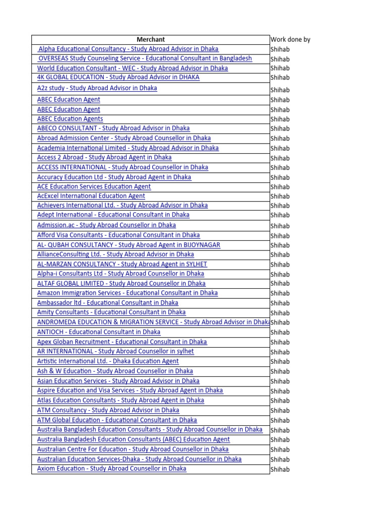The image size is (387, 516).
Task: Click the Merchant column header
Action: (151, 39)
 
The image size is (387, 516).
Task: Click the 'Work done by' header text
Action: (290, 39)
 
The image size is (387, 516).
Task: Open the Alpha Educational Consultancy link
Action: (128, 49)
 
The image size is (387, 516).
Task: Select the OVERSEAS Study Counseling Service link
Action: (145, 58)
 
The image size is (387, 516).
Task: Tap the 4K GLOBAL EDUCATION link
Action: (118, 77)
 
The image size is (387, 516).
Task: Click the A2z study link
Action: (97, 88)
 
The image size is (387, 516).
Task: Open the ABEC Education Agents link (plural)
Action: (70, 119)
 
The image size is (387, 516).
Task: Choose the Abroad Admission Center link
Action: (124, 138)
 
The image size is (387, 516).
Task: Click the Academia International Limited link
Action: (128, 148)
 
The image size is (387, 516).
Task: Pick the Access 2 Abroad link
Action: (104, 157)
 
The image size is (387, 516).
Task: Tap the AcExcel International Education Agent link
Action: (91, 196)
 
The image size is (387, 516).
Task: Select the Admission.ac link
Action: (106, 225)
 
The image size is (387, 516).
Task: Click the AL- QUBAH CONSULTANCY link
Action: (128, 245)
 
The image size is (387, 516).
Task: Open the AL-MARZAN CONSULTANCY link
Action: (122, 264)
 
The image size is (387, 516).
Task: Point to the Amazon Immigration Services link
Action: (127, 293)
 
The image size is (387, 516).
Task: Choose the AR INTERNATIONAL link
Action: (115, 351)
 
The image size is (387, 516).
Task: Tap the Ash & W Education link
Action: (115, 371)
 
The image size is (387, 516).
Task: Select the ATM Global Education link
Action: (117, 420)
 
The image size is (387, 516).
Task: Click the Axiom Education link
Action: (112, 469)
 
